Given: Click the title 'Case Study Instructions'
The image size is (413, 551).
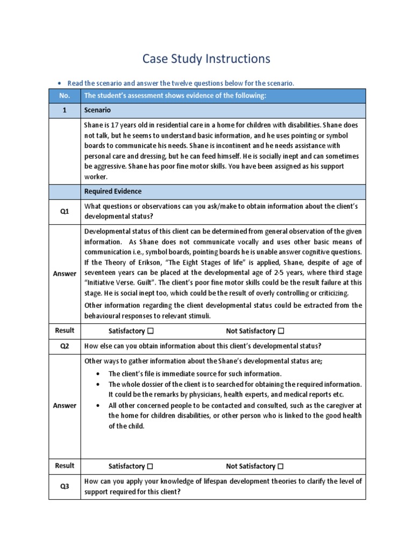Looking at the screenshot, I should pos(206,59).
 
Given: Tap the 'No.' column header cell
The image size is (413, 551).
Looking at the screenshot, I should pos(65,96).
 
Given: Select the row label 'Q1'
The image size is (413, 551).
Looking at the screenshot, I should pos(65,211).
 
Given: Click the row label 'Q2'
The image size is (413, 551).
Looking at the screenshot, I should pos(65,346).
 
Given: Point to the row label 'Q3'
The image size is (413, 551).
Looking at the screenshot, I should pos(65,486).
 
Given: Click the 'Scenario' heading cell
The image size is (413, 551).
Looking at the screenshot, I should pos(97,110).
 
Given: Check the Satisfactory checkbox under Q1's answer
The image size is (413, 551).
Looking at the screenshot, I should pos(151,331).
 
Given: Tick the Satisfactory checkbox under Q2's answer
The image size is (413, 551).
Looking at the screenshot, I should pos(151,466).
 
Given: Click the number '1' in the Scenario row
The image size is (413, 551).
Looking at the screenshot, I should pos(65,110).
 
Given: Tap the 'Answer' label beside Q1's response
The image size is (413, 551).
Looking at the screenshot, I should pos(65,273).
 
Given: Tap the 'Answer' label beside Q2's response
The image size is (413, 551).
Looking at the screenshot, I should pos(65,405).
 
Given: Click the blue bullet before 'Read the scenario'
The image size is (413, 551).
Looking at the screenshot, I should pos(60,83).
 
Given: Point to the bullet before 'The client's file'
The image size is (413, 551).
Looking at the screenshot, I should pos(97,373).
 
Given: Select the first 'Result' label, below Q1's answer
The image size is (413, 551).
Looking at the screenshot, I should pos(65,330).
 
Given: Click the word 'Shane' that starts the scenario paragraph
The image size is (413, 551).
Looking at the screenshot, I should pos(95,125).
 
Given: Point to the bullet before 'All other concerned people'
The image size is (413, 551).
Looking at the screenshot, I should pos(97,405).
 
